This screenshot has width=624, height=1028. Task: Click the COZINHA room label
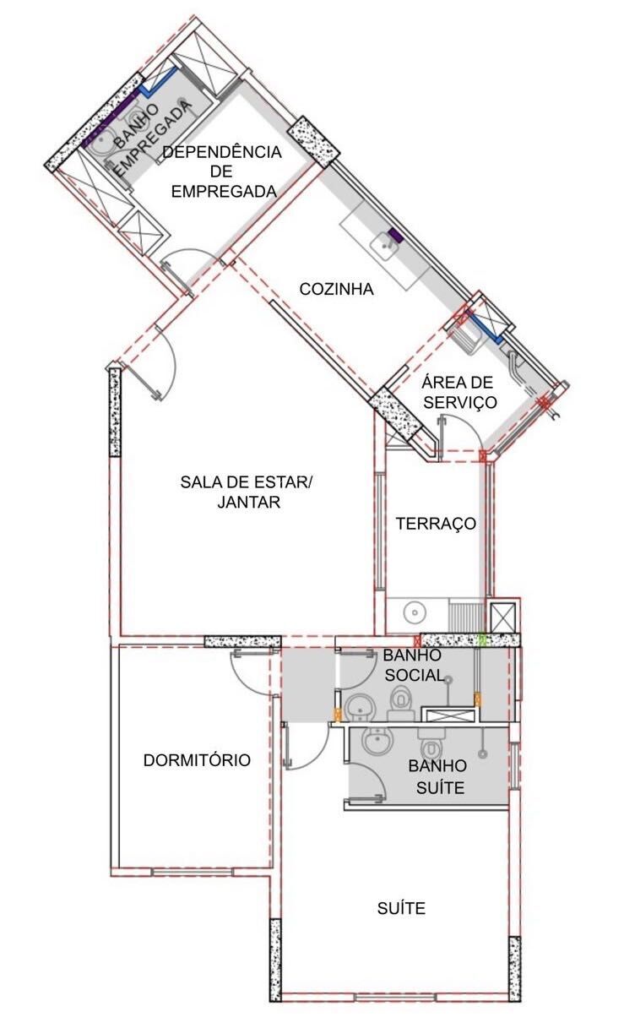pos(336,289)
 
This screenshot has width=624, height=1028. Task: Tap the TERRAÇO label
pos(436,524)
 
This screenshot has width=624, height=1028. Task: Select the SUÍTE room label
pos(401,908)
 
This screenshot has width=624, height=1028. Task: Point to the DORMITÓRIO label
pos(197,760)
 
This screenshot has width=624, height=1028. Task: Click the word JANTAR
pos(249,502)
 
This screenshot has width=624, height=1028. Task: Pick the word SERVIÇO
pos(459,402)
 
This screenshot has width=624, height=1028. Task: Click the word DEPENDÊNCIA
pos(222,152)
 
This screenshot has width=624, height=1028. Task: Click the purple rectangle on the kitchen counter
pos(395,236)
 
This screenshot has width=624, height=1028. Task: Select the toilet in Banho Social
pos(401,702)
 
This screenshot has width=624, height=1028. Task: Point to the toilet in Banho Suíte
pos(431,745)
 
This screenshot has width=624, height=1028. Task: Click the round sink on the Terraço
pos(415,612)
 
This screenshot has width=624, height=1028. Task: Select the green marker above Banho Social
pos(481,639)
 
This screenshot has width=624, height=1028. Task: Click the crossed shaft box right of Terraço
pos(503,617)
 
